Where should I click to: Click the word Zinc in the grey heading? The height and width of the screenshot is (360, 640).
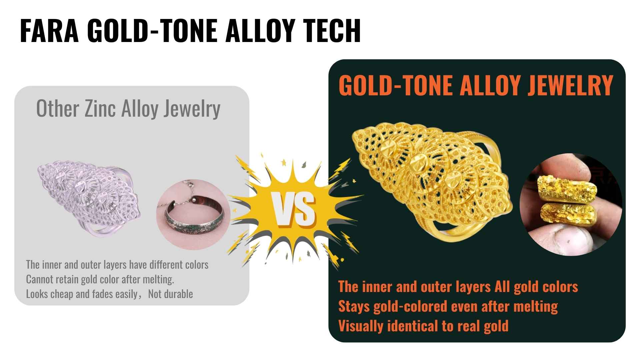(x=100, y=109)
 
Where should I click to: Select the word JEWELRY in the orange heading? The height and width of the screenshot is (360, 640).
(x=570, y=85)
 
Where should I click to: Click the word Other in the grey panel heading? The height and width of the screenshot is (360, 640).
(x=57, y=109)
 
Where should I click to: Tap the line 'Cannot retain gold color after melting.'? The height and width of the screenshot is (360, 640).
(x=100, y=279)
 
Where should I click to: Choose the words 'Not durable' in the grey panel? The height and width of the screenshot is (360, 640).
(x=170, y=294)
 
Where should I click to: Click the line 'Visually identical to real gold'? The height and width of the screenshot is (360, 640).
(x=423, y=326)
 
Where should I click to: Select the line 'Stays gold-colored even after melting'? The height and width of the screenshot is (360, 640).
(x=448, y=306)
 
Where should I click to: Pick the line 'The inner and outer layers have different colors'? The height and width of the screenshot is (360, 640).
(x=117, y=265)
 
